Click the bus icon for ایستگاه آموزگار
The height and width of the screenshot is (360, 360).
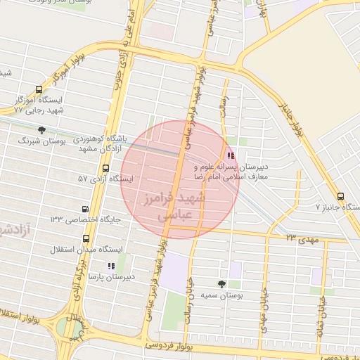pyautogui.click(x=38, y=90)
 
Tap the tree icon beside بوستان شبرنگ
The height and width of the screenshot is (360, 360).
pyautogui.click(x=42, y=130)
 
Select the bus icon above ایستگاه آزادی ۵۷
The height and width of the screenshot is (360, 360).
pyautogui.click(x=105, y=168)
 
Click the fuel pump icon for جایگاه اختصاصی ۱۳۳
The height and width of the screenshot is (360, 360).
pyautogui.click(x=85, y=209)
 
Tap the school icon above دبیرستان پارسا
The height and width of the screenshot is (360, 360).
pyautogui.click(x=110, y=266)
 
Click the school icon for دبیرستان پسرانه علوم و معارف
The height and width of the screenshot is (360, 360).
pyautogui.click(x=231, y=156)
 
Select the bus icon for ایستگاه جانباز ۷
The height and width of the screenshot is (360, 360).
pyautogui.click(x=341, y=197)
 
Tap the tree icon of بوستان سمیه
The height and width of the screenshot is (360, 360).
pyautogui.click(x=222, y=284)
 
